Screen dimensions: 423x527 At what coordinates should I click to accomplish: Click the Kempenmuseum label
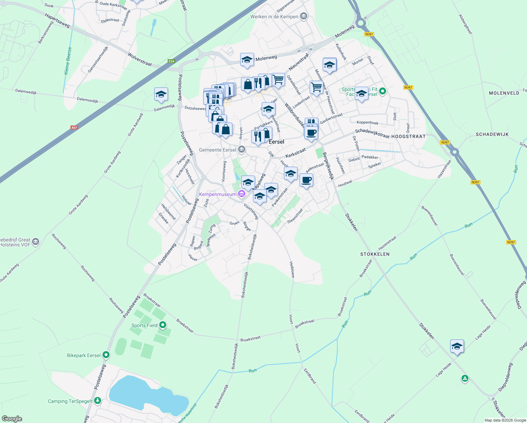coord(217,194)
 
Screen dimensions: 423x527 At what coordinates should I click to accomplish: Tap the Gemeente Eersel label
coord(217,150)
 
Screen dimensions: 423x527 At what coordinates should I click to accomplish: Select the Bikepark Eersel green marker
coord(106,355)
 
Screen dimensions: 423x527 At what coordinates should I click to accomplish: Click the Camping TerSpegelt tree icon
coord(98,401)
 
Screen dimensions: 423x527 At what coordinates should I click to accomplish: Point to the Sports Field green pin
coord(162,325)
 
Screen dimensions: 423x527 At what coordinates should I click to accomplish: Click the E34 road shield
coord(171,61)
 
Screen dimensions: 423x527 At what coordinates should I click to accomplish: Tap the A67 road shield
coord(74,128)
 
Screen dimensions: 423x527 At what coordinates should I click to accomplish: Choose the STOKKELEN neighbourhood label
coord(375,254)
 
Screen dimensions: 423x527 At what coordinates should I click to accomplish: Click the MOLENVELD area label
coord(504,93)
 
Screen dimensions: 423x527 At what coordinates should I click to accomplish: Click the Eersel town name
coord(277,142)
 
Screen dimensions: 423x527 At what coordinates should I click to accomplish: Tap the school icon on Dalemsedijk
coord(161,94)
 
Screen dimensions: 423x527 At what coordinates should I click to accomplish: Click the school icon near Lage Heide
coord(457,347)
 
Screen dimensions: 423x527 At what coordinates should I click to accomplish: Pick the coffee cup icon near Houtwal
coord(306,180)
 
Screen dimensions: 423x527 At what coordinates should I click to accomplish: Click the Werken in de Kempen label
coord(274,17)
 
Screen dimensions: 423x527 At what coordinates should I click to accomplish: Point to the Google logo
coord(12,419)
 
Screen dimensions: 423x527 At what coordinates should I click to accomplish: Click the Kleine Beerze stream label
coord(68,61)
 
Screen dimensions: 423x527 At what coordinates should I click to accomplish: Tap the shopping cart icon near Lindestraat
coord(316,87)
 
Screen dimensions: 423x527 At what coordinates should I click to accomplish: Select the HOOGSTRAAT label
coord(408,136)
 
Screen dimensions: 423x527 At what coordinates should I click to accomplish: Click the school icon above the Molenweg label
coord(247,60)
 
